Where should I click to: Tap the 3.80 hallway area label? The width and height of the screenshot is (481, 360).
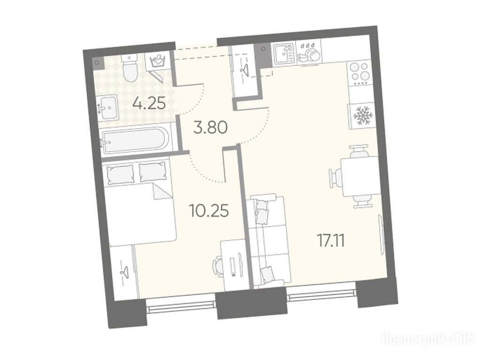point(210,127)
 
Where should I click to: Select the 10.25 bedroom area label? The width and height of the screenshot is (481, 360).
point(209,211)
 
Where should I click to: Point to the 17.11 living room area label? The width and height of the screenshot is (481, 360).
point(331,241)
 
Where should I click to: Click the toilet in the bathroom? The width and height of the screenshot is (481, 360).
point(130,69)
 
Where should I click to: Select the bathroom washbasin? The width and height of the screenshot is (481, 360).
point(109,107)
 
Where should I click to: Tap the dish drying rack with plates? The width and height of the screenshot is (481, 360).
point(308,53)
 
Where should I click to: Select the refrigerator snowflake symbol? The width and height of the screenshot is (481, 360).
point(363,116)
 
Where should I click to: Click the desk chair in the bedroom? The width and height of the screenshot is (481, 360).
point(218,267)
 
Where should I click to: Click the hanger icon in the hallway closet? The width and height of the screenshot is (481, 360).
point(245,69)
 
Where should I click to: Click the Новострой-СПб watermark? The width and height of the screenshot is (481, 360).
point(427,340)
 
